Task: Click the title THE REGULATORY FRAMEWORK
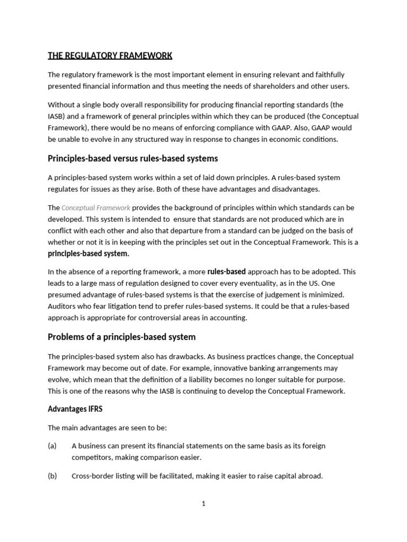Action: point(110,56)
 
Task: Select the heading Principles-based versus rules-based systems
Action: point(132,159)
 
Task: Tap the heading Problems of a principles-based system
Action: point(121,337)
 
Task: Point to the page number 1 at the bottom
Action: point(203,504)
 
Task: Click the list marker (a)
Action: point(52,446)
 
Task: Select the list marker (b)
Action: point(52,476)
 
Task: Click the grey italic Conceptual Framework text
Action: point(96,208)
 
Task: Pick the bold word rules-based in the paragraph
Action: point(226,272)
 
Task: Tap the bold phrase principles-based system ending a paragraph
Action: point(89,254)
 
